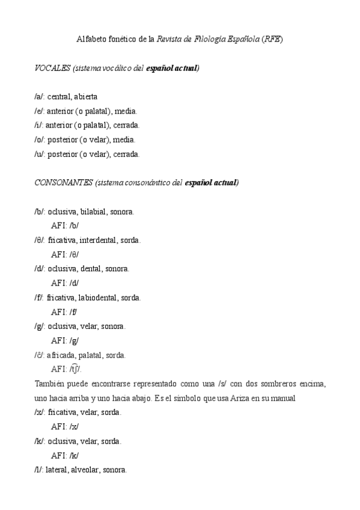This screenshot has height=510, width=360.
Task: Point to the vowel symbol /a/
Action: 39,97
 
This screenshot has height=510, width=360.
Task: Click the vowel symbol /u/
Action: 39,154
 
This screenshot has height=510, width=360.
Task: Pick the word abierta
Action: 86,97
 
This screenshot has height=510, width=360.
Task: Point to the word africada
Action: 59,355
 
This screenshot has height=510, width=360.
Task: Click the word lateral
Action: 56,470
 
